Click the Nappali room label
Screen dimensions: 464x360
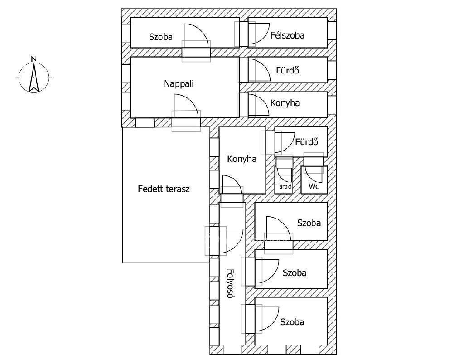179,84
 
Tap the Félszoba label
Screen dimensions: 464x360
287,35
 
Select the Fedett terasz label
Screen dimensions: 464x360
164,189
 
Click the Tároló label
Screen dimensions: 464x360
284,186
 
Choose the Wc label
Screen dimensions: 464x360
314,186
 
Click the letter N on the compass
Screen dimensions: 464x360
34,59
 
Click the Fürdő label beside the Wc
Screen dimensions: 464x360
307,142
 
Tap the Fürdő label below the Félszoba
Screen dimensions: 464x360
288,70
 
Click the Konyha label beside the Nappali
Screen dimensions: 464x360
285,103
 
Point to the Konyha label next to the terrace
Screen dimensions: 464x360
242,159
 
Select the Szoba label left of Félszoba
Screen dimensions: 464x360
161,37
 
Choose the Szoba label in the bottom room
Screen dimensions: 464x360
292,322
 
